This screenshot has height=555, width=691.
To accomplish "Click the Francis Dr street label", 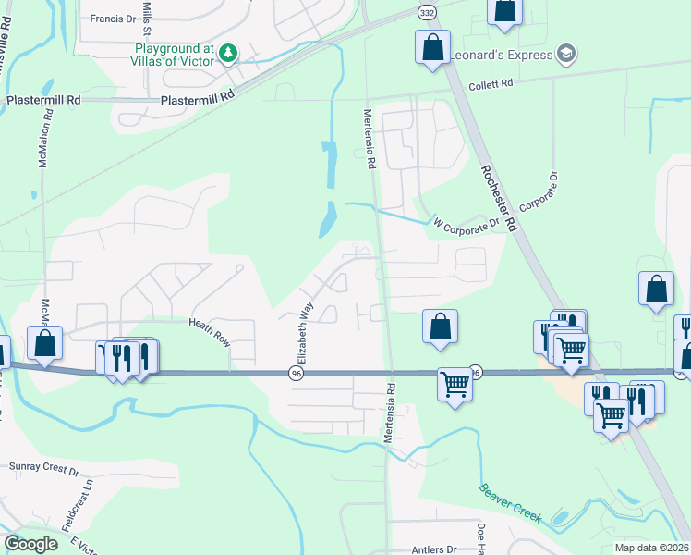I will [x=114, y=18].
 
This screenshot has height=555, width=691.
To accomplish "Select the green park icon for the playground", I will [x=228, y=55].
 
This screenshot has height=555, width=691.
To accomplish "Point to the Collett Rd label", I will [x=490, y=84].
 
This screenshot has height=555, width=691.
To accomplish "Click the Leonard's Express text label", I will [x=500, y=55].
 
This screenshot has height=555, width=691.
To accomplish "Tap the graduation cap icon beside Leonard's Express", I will [x=566, y=55].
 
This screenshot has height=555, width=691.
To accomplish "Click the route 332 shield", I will [x=426, y=12].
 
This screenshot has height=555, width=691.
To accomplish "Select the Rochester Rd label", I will [x=498, y=199].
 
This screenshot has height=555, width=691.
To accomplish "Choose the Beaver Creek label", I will [x=510, y=501].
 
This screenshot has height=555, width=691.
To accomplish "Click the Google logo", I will [x=30, y=544].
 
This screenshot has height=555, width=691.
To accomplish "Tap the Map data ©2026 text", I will [x=650, y=548].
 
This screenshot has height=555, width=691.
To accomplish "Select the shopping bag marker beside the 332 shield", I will [x=432, y=47].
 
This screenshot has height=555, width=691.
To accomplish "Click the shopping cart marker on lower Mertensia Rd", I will [x=455, y=384].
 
